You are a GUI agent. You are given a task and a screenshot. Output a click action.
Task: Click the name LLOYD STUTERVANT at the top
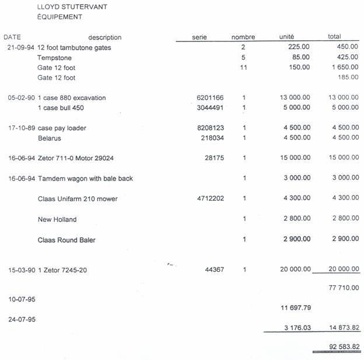point(72,7)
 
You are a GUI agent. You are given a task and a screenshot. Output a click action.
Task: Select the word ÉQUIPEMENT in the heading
point(59,17)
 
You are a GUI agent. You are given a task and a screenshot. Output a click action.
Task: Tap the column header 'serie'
point(199,37)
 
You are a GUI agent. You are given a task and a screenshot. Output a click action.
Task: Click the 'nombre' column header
point(243,37)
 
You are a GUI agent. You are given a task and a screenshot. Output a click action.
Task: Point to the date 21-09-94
point(20,47)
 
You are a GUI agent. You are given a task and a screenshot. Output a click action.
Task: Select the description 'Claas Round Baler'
point(66,240)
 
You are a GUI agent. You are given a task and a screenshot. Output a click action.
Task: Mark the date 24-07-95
point(20,319)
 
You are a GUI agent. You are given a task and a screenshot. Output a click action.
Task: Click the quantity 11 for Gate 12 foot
point(244,68)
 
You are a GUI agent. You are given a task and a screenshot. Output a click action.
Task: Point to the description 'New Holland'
point(57,219)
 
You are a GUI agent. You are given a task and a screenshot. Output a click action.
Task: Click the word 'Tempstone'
point(54,58)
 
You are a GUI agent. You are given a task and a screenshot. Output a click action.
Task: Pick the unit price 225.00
point(299,47)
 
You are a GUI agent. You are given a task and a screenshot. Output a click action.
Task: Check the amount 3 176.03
point(297,328)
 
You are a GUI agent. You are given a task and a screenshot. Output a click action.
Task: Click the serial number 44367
point(214,270)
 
